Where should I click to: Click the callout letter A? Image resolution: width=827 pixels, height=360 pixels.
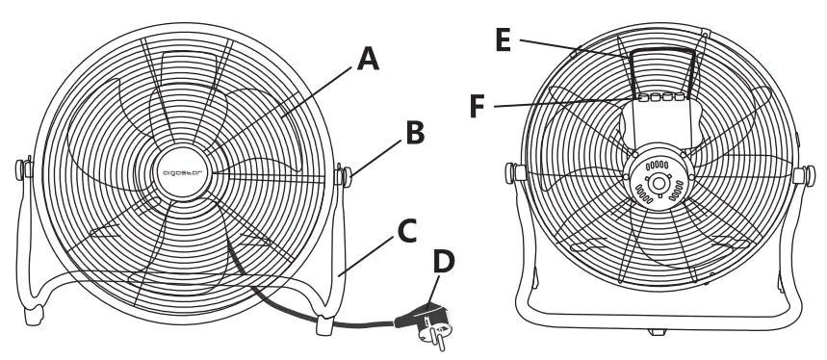pos(368,61)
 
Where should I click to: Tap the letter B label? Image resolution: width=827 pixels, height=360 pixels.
pos(414,133)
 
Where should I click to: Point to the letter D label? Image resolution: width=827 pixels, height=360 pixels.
pos(446,261)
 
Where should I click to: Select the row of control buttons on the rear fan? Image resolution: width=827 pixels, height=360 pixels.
pos(660,97)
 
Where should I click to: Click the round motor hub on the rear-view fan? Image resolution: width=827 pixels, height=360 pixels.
pos(659,180)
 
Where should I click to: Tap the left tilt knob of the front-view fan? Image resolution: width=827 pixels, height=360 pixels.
pos(20,169)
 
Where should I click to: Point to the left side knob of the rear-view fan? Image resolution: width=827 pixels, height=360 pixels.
pos(512,173)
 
